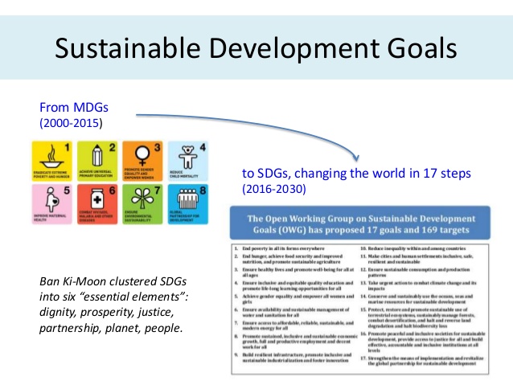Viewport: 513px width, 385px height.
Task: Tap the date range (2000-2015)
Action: tap(72, 124)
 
